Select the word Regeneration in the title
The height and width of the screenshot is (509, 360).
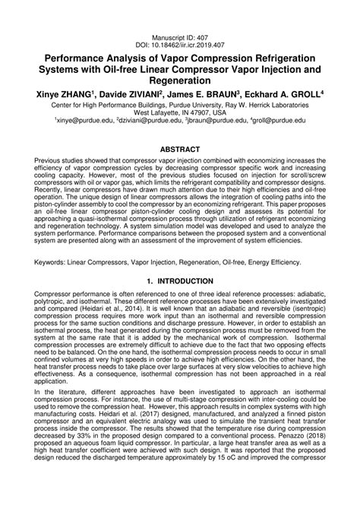pyautogui.click(x=180, y=78)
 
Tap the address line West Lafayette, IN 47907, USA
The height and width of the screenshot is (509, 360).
pyautogui.click(x=180, y=111)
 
